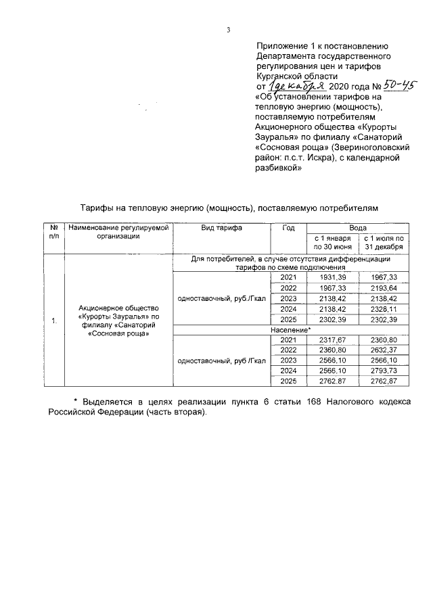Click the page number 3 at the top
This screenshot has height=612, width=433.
(229, 29)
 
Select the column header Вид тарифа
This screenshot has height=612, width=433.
(221, 229)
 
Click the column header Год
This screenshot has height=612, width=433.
(288, 229)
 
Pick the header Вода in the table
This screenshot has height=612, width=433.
(358, 229)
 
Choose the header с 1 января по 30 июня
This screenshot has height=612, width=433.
(332, 243)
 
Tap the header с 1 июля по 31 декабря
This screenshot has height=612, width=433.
(384, 243)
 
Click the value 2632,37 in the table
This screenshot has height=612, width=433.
(384, 350)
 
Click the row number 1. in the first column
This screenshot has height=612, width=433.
(53, 320)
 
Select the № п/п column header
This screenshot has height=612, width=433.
(53, 233)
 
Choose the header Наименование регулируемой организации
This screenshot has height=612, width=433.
(118, 233)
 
